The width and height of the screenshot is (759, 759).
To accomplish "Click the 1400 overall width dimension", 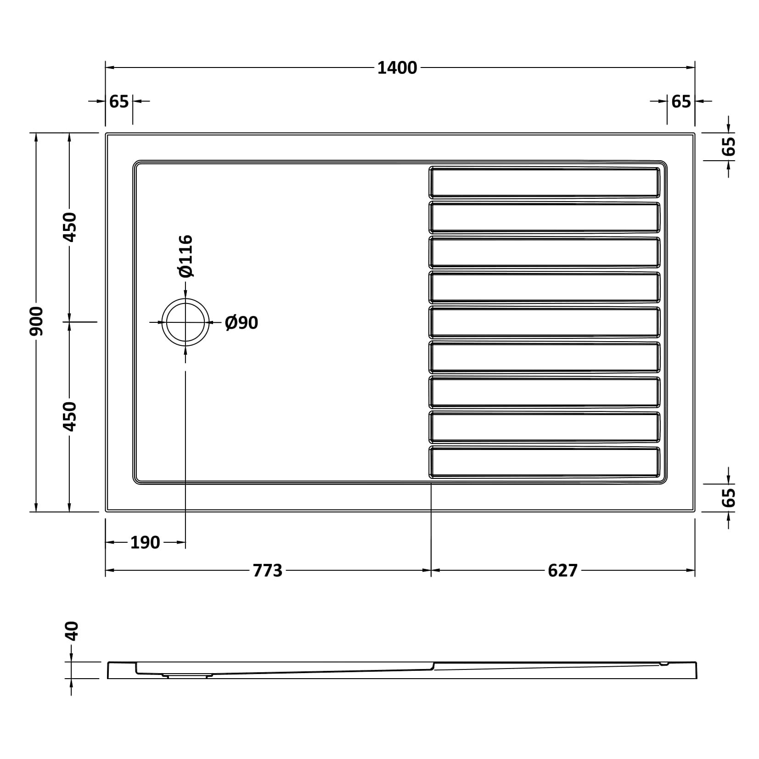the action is tap(397, 68).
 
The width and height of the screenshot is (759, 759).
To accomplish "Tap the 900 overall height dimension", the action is tap(36, 321).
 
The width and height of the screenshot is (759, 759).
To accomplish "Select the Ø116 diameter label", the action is tap(186, 256).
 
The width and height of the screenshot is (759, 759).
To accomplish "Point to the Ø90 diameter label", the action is tap(242, 323).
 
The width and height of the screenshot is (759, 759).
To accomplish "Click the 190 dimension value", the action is tap(145, 543).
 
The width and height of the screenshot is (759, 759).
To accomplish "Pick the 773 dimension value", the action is tap(268, 571).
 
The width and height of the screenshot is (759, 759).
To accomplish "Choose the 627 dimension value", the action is tap(562, 571).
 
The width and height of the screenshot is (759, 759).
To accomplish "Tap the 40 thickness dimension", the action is tap(72, 631).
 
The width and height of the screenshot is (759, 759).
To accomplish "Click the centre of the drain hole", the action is tap(185, 322).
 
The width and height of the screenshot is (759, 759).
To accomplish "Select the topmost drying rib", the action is tap(545, 182).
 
